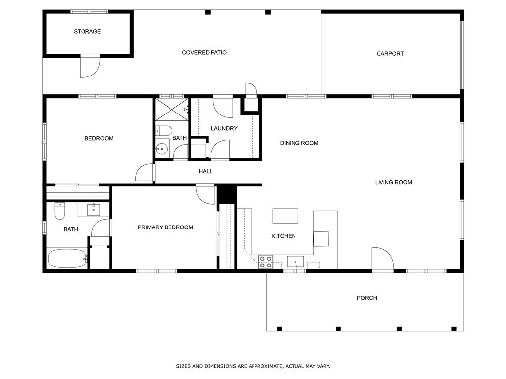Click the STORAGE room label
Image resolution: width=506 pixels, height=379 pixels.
[87, 32]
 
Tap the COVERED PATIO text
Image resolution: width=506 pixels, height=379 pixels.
[204, 53]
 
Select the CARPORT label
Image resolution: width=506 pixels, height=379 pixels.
[390, 54]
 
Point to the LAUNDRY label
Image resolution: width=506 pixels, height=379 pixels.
[224, 129]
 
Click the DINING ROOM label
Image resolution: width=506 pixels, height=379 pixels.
[299, 143]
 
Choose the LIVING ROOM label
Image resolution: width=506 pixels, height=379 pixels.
[393, 183]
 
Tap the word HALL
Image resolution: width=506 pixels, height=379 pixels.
[206, 172]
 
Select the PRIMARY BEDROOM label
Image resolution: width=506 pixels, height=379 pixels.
[165, 227]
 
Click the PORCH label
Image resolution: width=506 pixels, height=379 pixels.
[367, 298]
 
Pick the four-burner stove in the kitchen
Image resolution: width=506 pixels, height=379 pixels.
[266, 262]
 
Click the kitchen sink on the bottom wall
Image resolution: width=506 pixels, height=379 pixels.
[295, 262]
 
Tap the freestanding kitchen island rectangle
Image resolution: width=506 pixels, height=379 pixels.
[286, 216]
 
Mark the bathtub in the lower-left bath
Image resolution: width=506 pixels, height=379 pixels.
[67, 258]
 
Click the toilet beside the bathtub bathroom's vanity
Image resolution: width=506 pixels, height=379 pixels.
[60, 211]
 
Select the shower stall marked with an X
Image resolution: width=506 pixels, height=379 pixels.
[171, 109]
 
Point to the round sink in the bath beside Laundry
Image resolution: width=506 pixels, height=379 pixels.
[161, 148]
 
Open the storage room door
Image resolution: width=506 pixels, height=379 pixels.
[90, 67]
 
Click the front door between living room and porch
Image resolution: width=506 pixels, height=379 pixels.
[382, 259]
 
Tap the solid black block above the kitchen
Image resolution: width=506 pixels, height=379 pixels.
[227, 194]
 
